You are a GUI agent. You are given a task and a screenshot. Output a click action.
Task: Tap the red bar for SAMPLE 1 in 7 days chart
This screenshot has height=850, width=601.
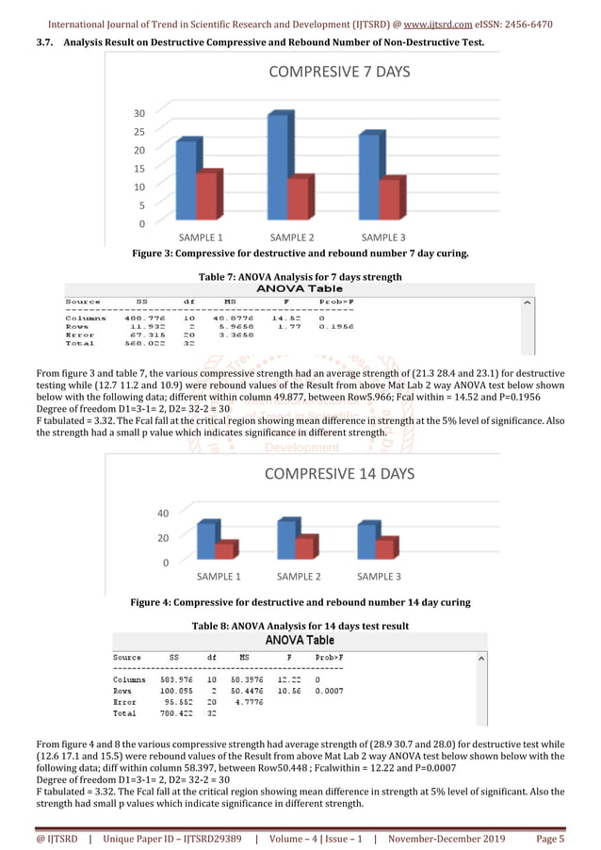206,198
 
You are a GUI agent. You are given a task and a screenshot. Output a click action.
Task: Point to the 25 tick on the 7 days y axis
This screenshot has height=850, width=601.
138,132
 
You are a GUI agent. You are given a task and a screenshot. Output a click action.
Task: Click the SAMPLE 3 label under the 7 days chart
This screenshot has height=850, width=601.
383,237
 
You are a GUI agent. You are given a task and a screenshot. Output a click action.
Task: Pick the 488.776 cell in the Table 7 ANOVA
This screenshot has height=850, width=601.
142,318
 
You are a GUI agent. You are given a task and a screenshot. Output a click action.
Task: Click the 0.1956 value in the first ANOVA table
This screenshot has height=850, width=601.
336,326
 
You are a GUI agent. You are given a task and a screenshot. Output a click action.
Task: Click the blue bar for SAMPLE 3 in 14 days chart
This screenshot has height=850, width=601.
366,543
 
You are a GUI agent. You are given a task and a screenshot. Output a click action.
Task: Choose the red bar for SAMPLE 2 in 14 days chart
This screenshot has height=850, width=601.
304,548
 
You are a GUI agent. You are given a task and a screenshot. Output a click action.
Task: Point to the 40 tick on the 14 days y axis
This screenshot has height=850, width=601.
161,515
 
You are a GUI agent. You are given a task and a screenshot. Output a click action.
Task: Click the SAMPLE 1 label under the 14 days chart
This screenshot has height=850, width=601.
219,576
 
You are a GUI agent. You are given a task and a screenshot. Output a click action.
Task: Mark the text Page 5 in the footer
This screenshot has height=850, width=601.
549,839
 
